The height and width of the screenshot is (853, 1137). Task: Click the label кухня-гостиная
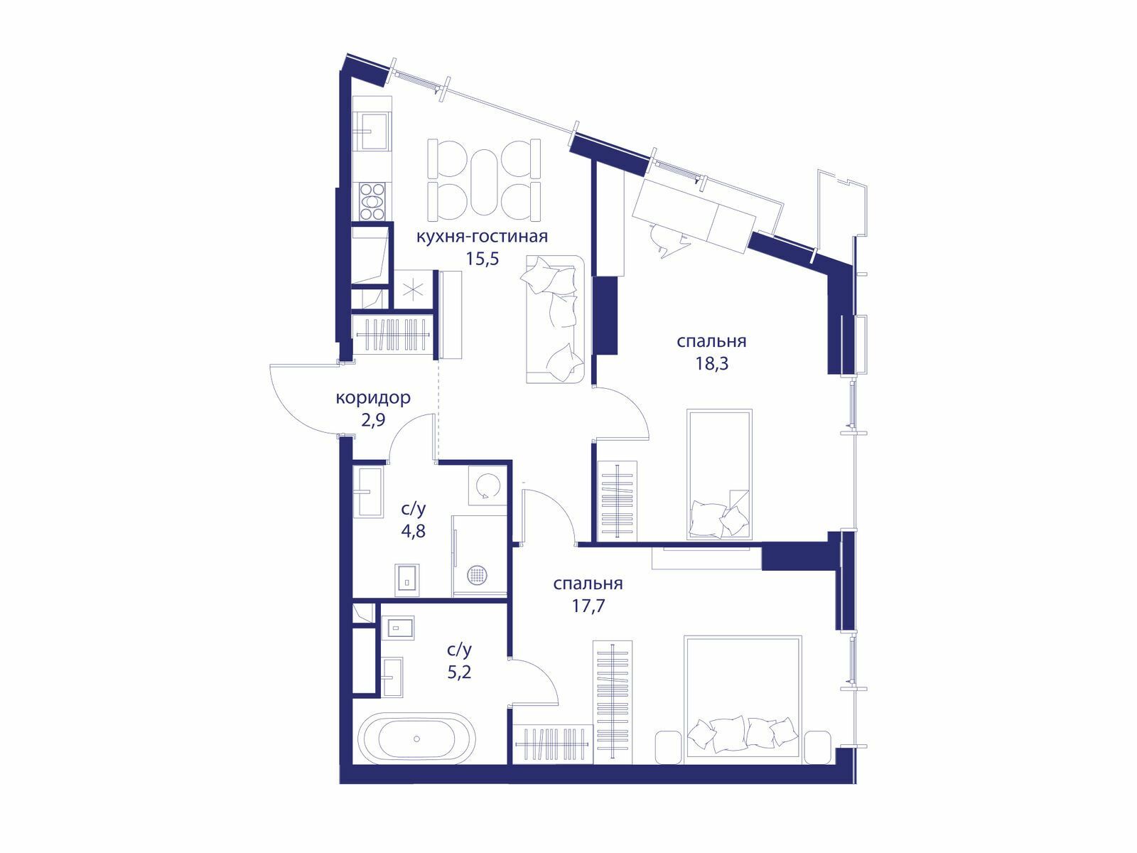pyautogui.click(x=482, y=237)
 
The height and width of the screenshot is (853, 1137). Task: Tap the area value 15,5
pyautogui.click(x=482, y=259)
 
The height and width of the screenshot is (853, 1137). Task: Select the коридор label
pyautogui.click(x=373, y=399)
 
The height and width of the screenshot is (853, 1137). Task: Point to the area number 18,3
pyautogui.click(x=712, y=363)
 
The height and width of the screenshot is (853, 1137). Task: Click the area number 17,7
pyautogui.click(x=588, y=606)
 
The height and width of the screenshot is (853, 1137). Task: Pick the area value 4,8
pyautogui.click(x=413, y=531)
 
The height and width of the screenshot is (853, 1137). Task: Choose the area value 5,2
pyautogui.click(x=460, y=672)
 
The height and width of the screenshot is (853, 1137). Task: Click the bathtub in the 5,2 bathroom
pyautogui.click(x=417, y=739)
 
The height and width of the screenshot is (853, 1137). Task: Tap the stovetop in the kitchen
pyautogui.click(x=372, y=201)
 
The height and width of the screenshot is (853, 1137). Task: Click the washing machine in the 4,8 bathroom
pyautogui.click(x=487, y=485)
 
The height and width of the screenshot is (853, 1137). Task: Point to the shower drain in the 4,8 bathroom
pyautogui.click(x=476, y=574)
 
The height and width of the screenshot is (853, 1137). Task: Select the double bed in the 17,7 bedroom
pyautogui.click(x=743, y=699)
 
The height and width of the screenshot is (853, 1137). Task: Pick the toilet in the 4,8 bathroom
pyautogui.click(x=407, y=579)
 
